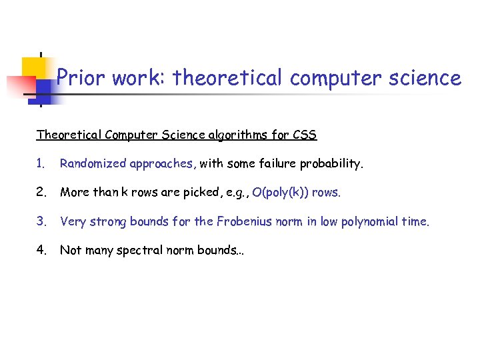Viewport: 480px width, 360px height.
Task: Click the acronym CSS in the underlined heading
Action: click(x=305, y=135)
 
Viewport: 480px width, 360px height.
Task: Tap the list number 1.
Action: click(x=40, y=164)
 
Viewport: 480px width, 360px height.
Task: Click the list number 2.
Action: click(x=41, y=193)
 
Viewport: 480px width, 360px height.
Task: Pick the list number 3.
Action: click(x=41, y=221)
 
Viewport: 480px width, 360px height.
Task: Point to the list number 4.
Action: click(x=41, y=250)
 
